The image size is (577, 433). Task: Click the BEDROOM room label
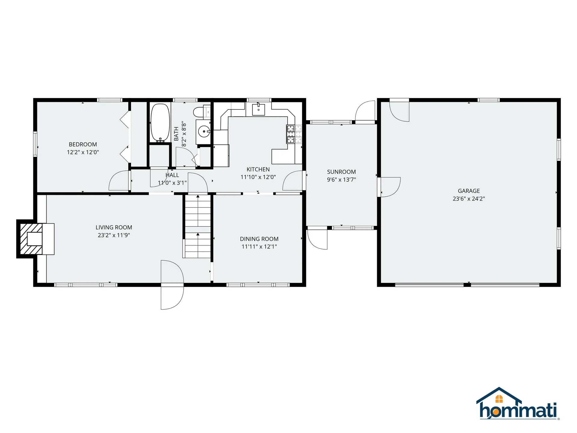pos(83,144)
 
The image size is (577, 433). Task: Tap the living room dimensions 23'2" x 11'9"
pos(114,235)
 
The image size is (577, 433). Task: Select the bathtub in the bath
pos(160,123)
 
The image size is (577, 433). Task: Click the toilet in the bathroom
pos(199,112)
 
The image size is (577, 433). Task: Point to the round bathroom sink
pos(204,131)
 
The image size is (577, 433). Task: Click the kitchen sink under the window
pos(258,109)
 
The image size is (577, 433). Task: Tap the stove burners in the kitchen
pos(294,134)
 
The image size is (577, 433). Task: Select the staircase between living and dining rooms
pos(197,226)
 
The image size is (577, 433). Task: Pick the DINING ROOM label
pos(259,239)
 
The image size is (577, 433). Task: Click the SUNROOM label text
pos(341,172)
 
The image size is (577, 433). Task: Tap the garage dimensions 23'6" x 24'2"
pos(469,198)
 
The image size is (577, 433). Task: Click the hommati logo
pos(518,404)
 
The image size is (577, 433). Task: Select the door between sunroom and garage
pos(389,187)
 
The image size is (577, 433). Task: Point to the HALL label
pos(172,175)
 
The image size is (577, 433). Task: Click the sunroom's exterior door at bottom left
pos(317,239)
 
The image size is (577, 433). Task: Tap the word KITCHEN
pos(258,169)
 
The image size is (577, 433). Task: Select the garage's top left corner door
pos(399,111)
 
